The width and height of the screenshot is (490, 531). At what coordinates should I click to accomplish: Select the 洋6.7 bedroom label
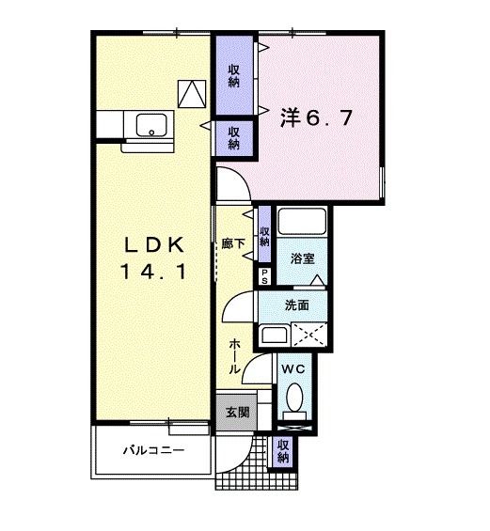pos(316,118)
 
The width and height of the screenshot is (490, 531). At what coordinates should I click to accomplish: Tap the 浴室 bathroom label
pos(301,258)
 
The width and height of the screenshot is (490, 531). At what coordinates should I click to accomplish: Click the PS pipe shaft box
pos(264,277)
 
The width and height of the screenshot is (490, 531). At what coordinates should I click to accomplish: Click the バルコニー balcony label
pos(153,450)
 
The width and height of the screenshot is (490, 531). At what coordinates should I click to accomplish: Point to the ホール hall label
pos(232,356)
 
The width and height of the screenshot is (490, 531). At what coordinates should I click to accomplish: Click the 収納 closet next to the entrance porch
pos(282,451)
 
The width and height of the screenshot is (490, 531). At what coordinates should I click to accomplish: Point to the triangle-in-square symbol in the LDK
pos(191,92)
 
